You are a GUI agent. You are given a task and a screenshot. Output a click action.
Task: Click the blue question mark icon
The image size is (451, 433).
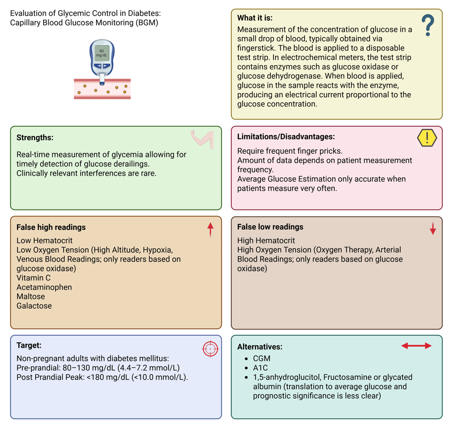pyautogui.click(x=428, y=25)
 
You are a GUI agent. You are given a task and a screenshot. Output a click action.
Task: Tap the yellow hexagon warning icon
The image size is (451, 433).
pyautogui.click(x=427, y=138)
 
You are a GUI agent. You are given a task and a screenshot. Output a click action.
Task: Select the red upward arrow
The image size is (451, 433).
pyautogui.click(x=211, y=229)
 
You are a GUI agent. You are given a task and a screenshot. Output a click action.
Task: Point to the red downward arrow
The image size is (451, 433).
pyautogui.click(x=433, y=228)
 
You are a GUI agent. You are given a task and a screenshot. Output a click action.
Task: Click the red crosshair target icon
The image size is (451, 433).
pyautogui.click(x=211, y=349)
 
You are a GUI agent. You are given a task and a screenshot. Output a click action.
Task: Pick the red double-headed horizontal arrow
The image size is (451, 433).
pyautogui.click(x=416, y=346)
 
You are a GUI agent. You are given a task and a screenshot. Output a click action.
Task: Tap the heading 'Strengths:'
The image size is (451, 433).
pyautogui.click(x=35, y=137)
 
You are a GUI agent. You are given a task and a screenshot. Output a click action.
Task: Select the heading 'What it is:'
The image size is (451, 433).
pyautogui.click(x=255, y=18)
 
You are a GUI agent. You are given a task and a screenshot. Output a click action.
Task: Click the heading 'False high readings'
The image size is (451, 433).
pyautogui.click(x=51, y=227)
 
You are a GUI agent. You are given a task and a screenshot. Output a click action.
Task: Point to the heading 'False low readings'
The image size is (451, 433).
pyautogui.click(x=270, y=227)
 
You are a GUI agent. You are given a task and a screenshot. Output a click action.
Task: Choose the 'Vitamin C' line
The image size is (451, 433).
pyautogui.click(x=33, y=278)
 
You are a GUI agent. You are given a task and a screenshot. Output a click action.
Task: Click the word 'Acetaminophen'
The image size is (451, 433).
pyautogui.click(x=44, y=287)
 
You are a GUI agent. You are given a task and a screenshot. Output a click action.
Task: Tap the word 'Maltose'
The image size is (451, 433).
pyautogui.click(x=31, y=296)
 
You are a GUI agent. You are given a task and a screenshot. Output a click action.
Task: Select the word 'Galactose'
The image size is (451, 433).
pyautogui.click(x=34, y=305)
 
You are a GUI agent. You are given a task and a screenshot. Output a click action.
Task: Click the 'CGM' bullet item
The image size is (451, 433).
pyautogui.click(x=262, y=358)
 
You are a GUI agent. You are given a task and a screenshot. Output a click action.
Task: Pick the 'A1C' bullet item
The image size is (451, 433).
pyautogui.click(x=260, y=367)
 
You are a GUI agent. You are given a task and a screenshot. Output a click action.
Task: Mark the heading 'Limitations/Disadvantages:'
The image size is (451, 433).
pyautogui.click(x=286, y=136)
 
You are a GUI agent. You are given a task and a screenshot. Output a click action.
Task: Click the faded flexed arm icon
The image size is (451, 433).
pyautogui.click(x=202, y=138)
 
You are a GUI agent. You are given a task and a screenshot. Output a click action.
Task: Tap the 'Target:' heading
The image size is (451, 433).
pyautogui.click(x=29, y=345)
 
